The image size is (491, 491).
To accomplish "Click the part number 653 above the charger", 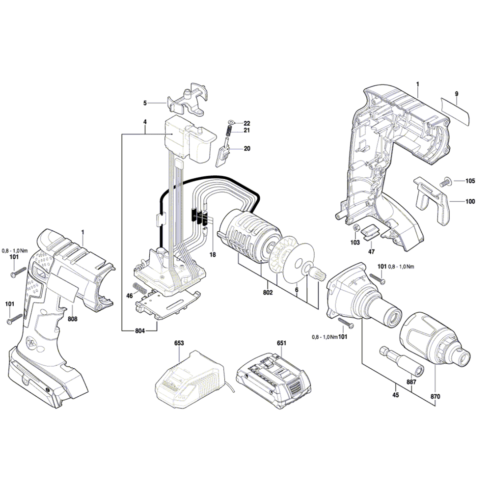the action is pos(179,343).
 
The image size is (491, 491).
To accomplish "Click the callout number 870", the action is pos(435,397).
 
